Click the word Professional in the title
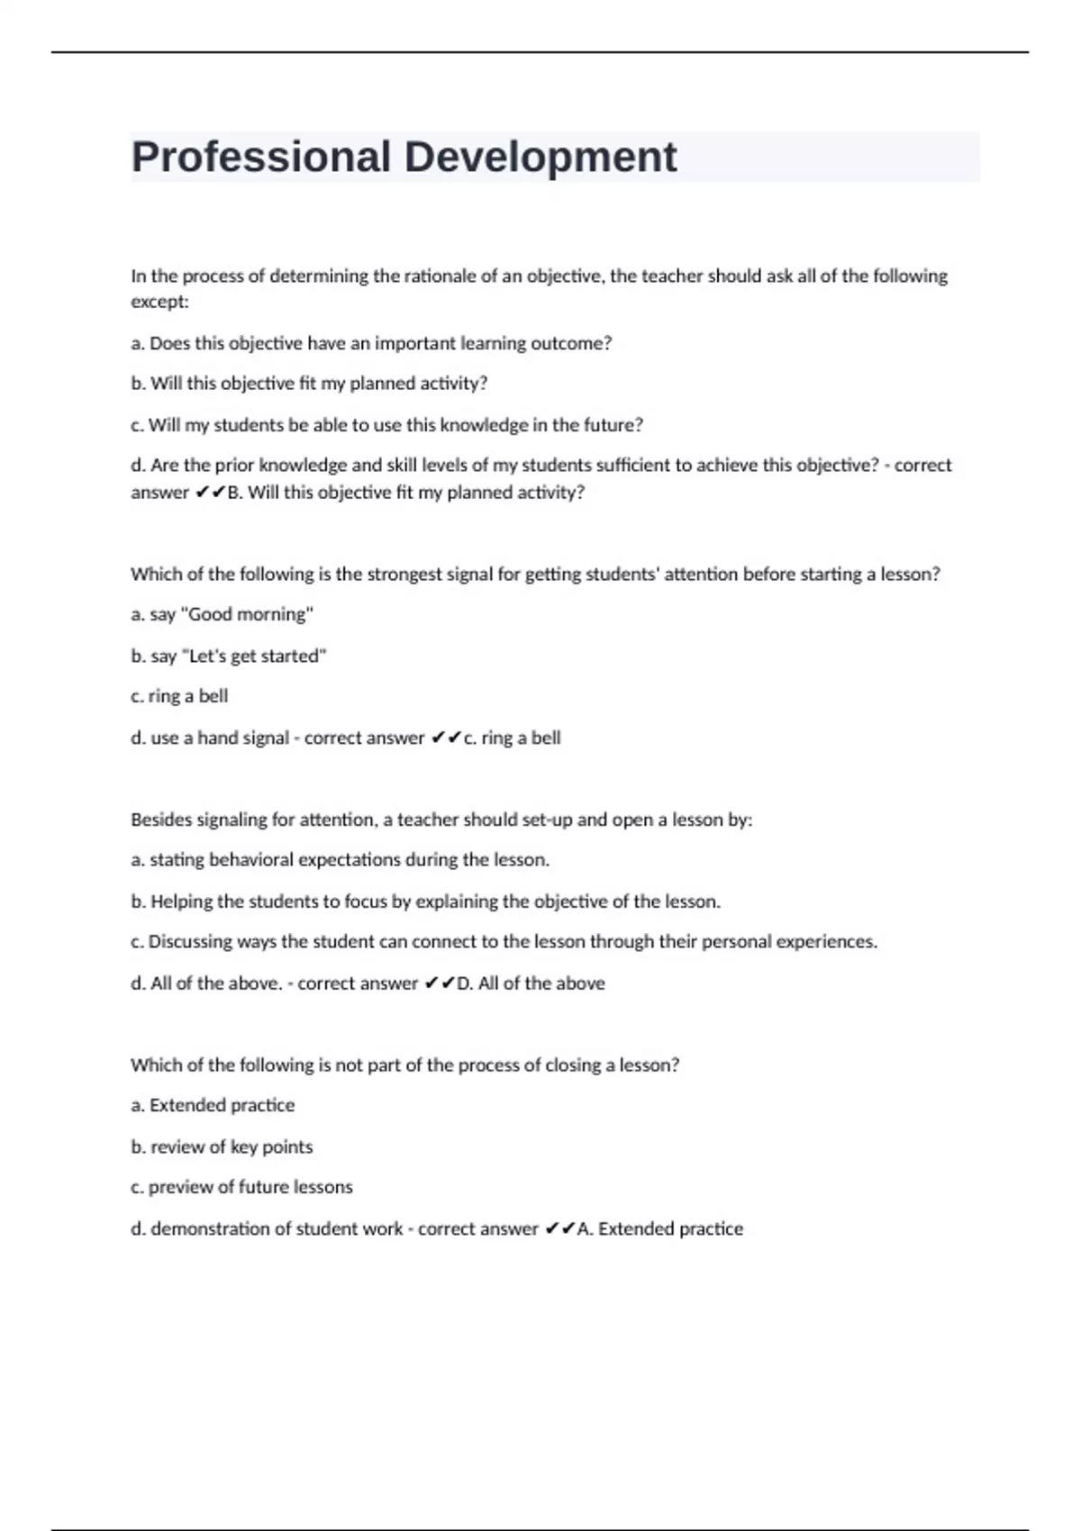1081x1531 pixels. point(261,158)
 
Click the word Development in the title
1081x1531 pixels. point(540,158)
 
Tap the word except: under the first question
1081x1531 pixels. point(159,302)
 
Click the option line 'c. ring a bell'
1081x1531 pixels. point(179,696)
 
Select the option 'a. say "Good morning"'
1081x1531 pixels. point(222,614)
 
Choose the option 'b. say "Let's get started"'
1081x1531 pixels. point(228,656)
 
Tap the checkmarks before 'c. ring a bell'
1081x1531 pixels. point(446,738)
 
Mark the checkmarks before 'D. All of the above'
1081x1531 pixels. point(440,983)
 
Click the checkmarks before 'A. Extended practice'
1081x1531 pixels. point(559,1229)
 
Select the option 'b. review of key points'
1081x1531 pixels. point(222,1147)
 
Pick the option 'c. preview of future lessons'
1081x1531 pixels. point(241,1187)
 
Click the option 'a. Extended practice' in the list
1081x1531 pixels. point(213,1105)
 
